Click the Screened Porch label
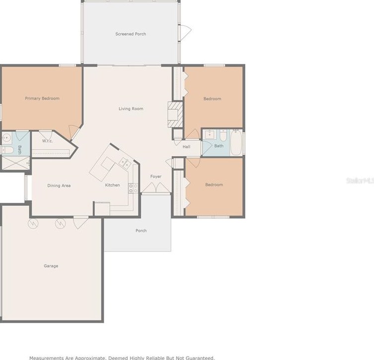coord(131,34)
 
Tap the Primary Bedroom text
coord(42,98)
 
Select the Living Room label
coord(131,108)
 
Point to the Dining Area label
coord(59,185)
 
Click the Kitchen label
coord(112,185)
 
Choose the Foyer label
coord(156,177)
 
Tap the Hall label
coord(186,147)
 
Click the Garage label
coord(51,266)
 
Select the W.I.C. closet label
coord(48,141)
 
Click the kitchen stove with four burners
coord(133,188)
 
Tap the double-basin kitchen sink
coord(124,162)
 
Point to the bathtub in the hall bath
coord(236,143)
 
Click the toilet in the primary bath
coord(7,149)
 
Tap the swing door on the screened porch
coord(185,31)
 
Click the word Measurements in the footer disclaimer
coord(46,358)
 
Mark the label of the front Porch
coord(141,231)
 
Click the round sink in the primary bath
coord(7,138)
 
